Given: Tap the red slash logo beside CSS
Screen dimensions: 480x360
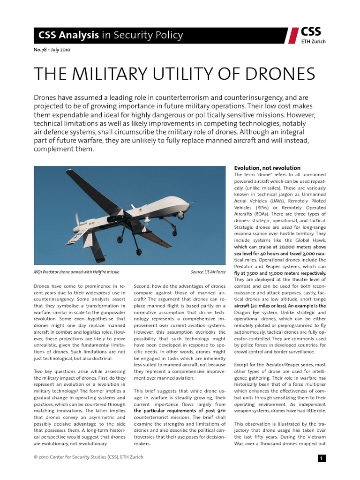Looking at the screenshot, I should (x=293, y=35).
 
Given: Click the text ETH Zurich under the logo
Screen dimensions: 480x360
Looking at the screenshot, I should (x=313, y=42).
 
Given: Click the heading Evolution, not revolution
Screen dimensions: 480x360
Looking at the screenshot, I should (x=267, y=168).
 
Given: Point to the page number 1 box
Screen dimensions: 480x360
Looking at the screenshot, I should (x=322, y=458).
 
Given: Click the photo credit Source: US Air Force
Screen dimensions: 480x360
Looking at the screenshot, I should (x=208, y=272).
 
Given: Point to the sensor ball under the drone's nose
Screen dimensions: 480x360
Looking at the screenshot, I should (x=180, y=215).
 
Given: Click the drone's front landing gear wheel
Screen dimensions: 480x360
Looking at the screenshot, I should (x=175, y=233).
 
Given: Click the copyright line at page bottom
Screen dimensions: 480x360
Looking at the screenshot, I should (x=89, y=457).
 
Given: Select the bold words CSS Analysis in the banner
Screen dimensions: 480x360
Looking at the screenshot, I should (x=68, y=35).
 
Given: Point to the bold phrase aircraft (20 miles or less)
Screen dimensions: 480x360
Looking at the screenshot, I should (x=261, y=306).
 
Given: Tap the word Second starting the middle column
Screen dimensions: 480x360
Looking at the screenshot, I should (x=143, y=286).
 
